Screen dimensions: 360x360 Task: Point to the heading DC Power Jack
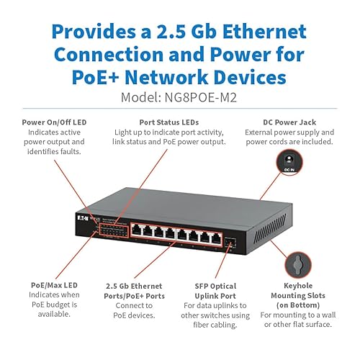click(x=297, y=122)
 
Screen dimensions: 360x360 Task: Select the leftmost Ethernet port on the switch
click(x=138, y=231)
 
